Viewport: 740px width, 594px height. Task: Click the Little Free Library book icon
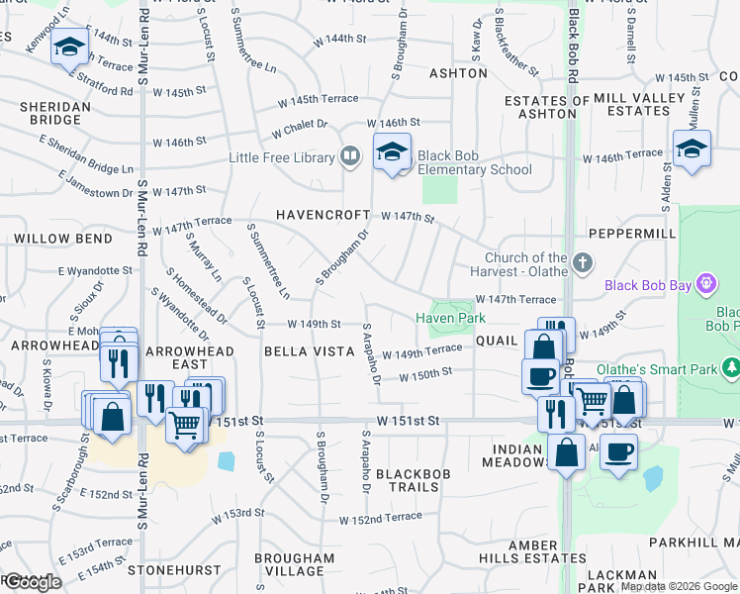[x=349, y=156]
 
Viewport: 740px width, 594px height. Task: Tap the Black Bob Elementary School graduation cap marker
[x=393, y=152]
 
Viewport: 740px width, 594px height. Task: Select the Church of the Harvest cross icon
[x=584, y=263]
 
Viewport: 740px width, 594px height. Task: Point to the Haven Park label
[x=450, y=318]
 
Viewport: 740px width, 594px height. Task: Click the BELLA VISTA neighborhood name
[x=309, y=351]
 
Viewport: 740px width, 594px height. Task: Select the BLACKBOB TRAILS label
[x=413, y=480]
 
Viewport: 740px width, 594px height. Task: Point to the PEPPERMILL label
[x=631, y=233]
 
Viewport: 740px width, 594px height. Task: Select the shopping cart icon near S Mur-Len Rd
[x=184, y=425]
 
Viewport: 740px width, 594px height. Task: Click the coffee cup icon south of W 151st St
[x=619, y=451]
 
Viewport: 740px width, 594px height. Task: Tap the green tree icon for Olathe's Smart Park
[x=732, y=368]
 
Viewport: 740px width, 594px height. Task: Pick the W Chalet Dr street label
[x=299, y=125]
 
